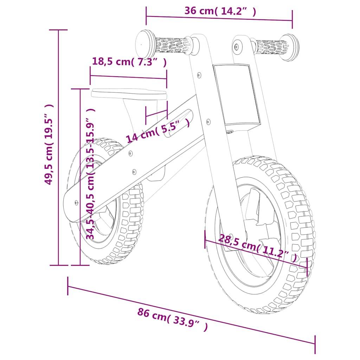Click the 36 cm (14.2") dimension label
pos(220,11)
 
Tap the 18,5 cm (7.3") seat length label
pos(129,62)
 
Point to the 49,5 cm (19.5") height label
pos(49,144)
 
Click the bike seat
pos(129,94)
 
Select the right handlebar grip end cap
pos(290,47)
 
